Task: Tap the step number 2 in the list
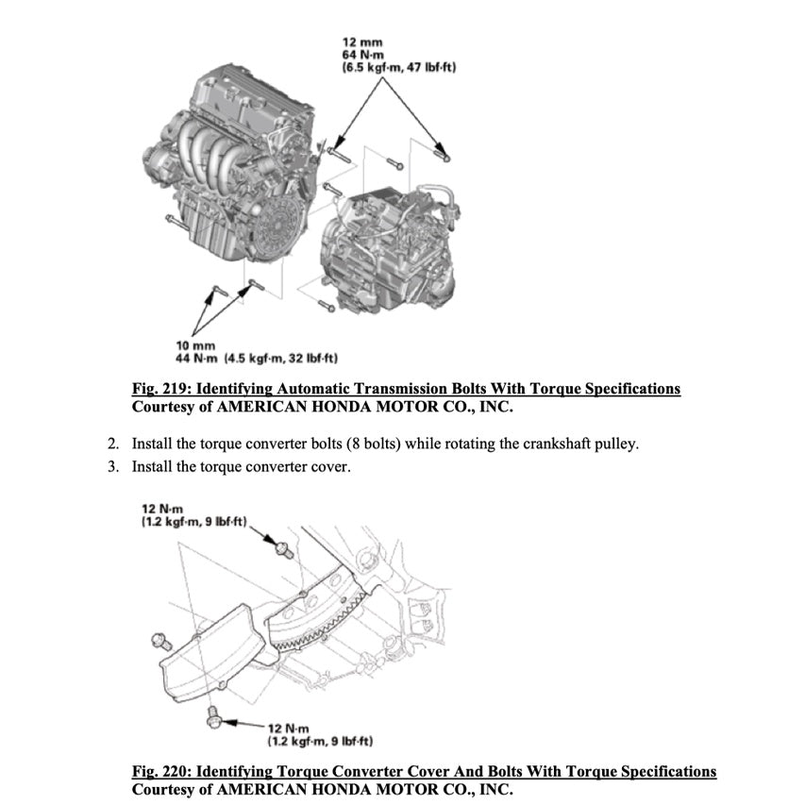tap(112, 444)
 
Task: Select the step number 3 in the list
tap(112, 466)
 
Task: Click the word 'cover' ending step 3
tap(332, 466)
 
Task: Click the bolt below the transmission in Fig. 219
tap(327, 305)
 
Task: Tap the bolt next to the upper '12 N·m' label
tap(282, 546)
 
